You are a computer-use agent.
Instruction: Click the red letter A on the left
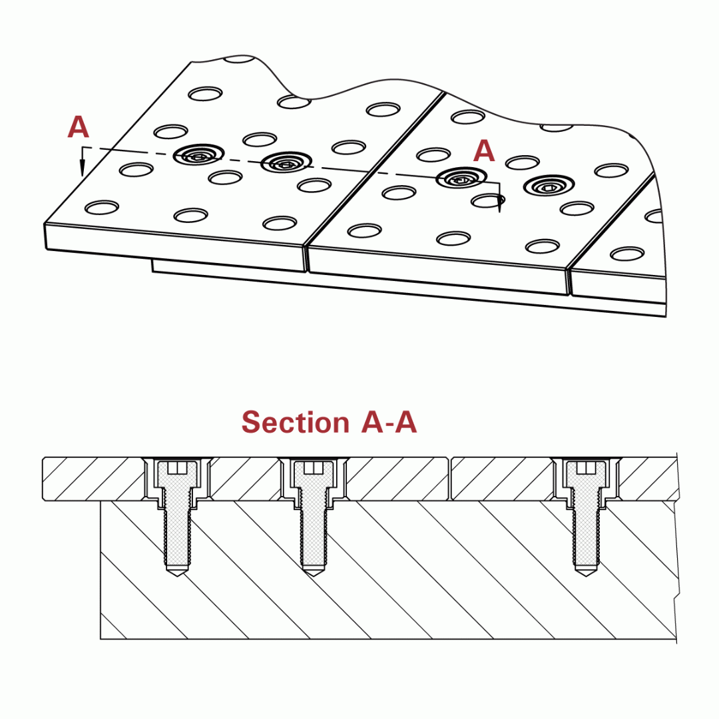[x=78, y=127]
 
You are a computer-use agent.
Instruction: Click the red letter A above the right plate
[x=484, y=152]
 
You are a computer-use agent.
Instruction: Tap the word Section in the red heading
[x=295, y=422]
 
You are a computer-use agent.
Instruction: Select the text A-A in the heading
[x=389, y=422]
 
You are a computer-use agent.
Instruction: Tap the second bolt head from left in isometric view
[x=286, y=162]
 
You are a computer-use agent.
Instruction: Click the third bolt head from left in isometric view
[x=461, y=178]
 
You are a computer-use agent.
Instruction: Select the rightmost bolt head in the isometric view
[x=549, y=186]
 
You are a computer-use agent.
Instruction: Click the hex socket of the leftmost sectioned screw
[x=177, y=467]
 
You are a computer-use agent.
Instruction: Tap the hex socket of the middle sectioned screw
[x=314, y=467]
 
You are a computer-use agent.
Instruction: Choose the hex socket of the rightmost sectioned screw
[x=586, y=467]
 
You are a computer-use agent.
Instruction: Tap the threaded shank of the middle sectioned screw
[x=314, y=533]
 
